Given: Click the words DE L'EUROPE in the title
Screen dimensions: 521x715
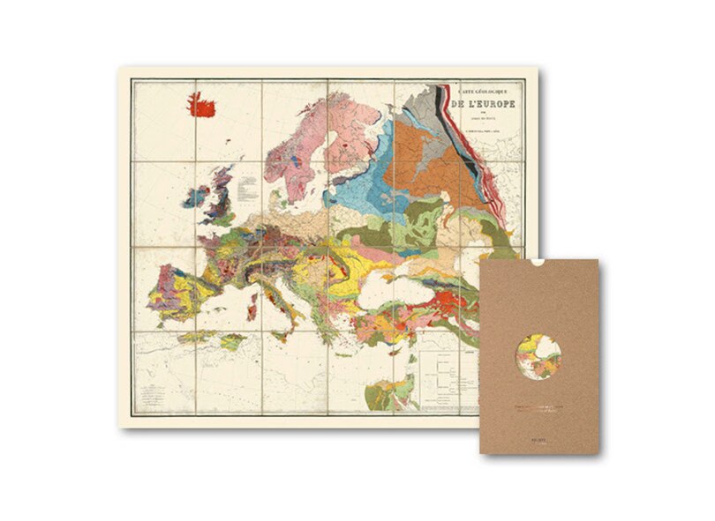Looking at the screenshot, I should click(485, 104).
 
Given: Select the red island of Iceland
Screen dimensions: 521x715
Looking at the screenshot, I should click(202, 106).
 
